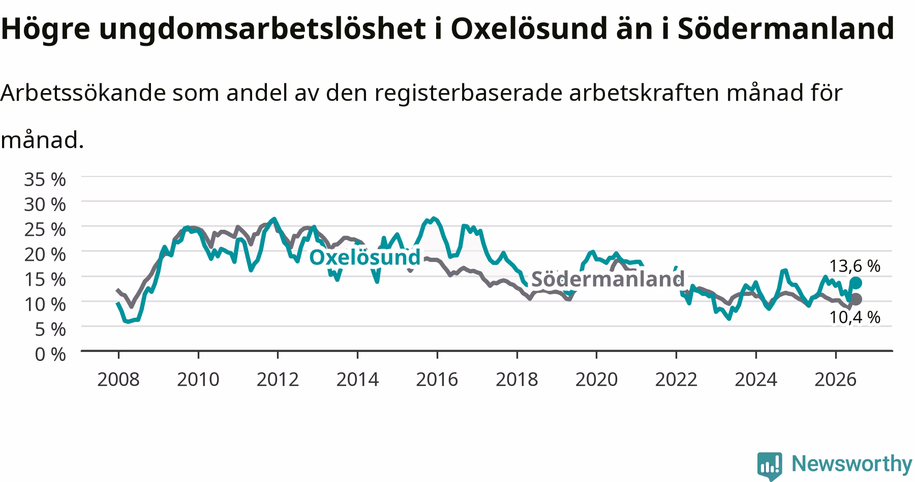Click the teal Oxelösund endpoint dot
(856, 283)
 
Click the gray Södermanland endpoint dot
(856, 299)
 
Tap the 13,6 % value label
(855, 266)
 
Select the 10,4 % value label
(855, 318)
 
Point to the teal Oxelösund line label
(365, 257)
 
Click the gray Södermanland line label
(608, 279)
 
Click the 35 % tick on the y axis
(45, 179)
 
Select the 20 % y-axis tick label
(45, 254)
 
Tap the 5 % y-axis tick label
(50, 329)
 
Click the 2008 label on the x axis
(118, 379)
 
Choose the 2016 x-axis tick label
(437, 379)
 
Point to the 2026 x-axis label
(836, 379)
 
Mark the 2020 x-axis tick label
(596, 379)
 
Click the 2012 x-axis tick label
(278, 379)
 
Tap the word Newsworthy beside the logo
(852, 464)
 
